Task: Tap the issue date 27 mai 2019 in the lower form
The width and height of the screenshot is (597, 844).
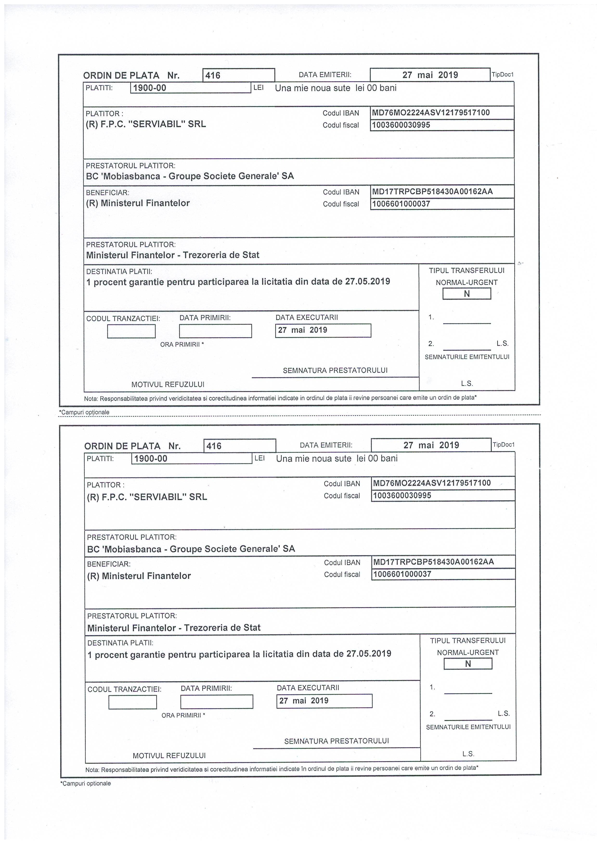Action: [x=431, y=445]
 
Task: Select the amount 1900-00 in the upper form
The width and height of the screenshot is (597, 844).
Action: [x=150, y=88]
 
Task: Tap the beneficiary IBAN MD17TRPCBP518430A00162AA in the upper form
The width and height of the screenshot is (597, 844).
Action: [x=432, y=192]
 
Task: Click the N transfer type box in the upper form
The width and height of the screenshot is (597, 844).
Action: [x=467, y=294]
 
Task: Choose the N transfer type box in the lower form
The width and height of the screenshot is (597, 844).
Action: [x=468, y=664]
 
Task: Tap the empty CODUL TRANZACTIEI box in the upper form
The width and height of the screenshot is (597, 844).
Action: [x=131, y=332]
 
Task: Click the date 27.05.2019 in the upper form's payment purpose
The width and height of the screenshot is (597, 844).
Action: [x=368, y=281]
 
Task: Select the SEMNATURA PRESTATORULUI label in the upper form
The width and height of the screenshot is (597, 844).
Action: [x=335, y=371]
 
